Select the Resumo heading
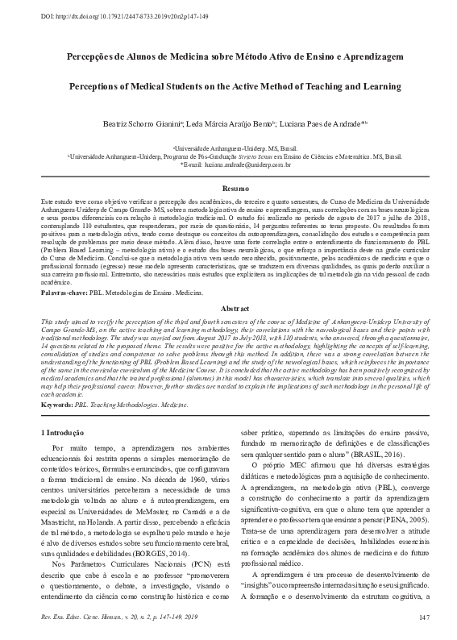[228, 188]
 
